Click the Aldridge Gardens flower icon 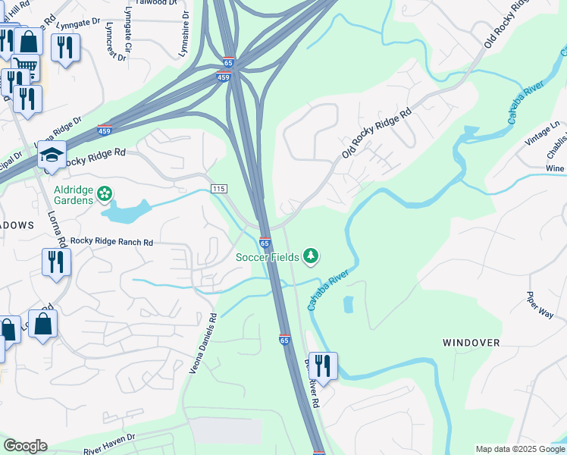(x=105, y=194)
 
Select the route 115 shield (x=219, y=188)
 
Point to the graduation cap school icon (x=52, y=155)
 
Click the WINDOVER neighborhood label (x=471, y=343)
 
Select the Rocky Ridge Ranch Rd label (x=111, y=242)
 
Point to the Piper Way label (x=541, y=305)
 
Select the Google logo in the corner (x=25, y=446)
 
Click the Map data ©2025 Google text (x=519, y=449)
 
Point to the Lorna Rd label (x=59, y=220)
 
